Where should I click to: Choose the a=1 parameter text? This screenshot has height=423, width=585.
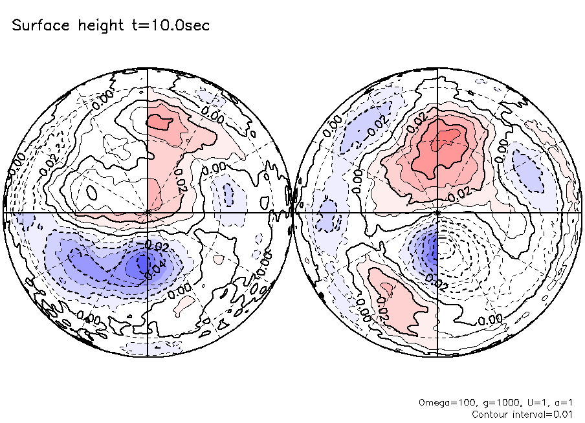tap(557, 402)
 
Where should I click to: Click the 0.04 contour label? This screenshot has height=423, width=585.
tap(149, 269)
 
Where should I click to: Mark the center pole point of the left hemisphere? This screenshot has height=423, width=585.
tap(148, 211)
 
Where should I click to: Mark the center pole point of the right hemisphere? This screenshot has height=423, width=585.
tap(438, 211)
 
